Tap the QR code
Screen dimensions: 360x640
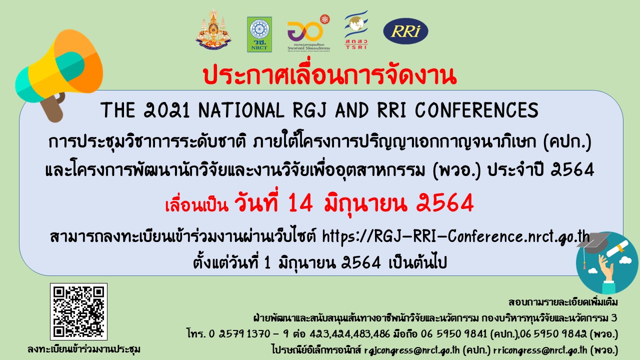pyautogui.click(x=78, y=311)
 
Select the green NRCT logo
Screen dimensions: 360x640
pyautogui.click(x=259, y=34)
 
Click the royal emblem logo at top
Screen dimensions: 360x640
pyautogui.click(x=213, y=30)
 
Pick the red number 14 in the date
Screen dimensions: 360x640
pyautogui.click(x=301, y=203)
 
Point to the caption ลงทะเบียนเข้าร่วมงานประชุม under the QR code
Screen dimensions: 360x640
pyautogui.click(x=84, y=349)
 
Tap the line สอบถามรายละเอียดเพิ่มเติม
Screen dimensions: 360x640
pyautogui.click(x=563, y=302)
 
